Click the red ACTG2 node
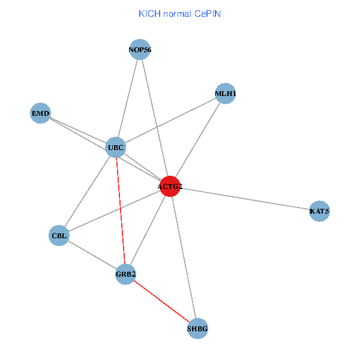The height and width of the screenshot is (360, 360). pos(170,186)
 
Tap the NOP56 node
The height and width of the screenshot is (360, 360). pos(140,50)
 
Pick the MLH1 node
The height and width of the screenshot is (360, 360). pos(225,94)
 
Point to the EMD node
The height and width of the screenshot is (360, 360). pos(40,113)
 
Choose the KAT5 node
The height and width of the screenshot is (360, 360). pos(319,211)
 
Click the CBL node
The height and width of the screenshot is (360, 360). pos(59,236)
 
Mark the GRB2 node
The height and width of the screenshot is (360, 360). pos(125,274)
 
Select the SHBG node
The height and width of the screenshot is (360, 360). pos(198,329)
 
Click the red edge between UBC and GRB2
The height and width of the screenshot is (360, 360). pos(120,210)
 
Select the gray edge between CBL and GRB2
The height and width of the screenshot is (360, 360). pos(92,255)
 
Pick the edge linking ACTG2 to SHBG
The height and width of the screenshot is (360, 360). pos(184,258)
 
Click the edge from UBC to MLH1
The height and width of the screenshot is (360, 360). pos(170,120)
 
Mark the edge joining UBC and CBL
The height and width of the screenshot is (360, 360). pos(88,191)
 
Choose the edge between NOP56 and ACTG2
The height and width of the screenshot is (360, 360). pos(155,118)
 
